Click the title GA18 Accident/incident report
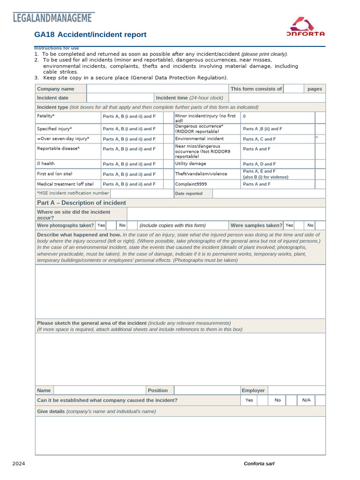pyautogui.click(x=90, y=35)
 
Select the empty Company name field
pyautogui.click(x=157, y=89)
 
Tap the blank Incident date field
pyautogui.click(x=120, y=97)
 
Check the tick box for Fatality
pyautogui.click(x=168, y=116)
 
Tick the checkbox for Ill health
pyautogui.click(x=168, y=164)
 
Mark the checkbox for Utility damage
pyautogui.click(x=320, y=164)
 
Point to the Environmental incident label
pyautogui.click(x=199, y=139)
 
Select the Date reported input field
pyautogui.click(x=269, y=194)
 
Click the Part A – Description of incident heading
pyautogui.click(x=82, y=203)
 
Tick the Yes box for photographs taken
pyautogui.click(x=111, y=225)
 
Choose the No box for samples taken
pyautogui.click(x=320, y=225)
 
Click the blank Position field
pyautogui.click(x=206, y=390)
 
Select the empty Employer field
pyautogui.click(x=296, y=390)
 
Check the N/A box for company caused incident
pyautogui.click(x=320, y=400)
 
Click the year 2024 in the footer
pyautogui.click(x=19, y=464)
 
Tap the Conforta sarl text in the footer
pyautogui.click(x=259, y=464)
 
